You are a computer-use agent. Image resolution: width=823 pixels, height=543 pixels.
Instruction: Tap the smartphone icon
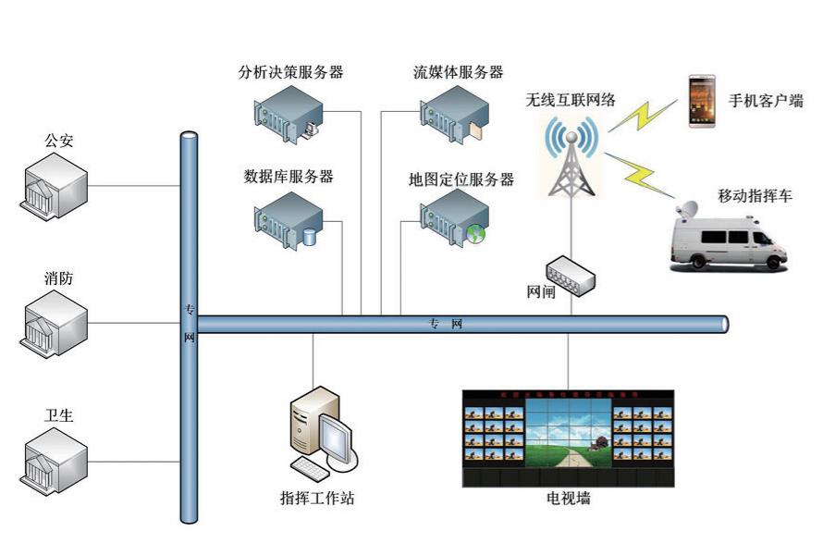click(702, 102)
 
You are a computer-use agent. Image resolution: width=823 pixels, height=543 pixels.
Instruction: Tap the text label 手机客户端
click(766, 102)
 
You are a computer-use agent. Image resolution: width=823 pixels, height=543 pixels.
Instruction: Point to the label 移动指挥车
click(755, 196)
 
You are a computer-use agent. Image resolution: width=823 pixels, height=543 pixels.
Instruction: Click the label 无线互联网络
click(571, 98)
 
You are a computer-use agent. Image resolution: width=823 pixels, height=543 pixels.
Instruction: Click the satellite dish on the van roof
click(690, 212)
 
